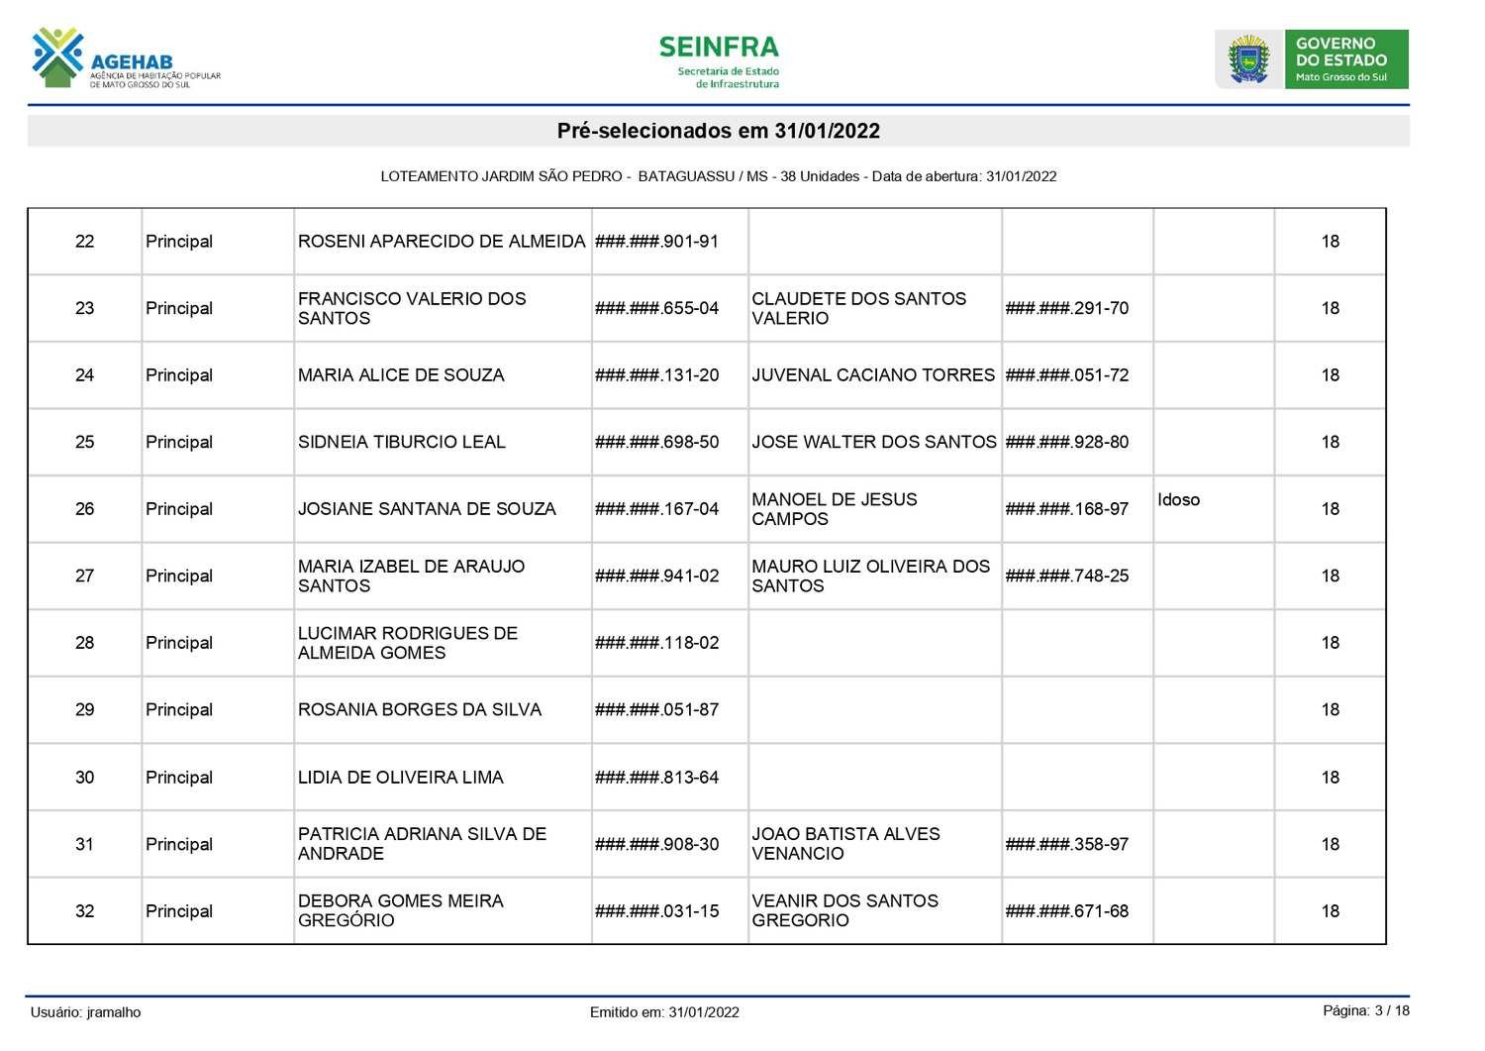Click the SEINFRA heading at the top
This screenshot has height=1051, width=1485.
pyautogui.click(x=719, y=48)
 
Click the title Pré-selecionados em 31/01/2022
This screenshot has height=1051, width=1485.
pyautogui.click(x=718, y=131)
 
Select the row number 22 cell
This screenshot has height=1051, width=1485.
pyautogui.click(x=85, y=242)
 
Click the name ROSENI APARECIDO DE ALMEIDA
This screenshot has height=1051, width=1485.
pyautogui.click(x=442, y=242)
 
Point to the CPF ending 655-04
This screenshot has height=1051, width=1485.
pyautogui.click(x=656, y=308)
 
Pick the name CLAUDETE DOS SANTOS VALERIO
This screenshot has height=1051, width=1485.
pyautogui.click(x=858, y=308)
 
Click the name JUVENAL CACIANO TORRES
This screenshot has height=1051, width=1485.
pyautogui.click(x=872, y=375)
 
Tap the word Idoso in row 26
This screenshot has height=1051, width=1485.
pyautogui.click(x=1178, y=500)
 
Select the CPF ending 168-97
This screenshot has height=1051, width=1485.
pyautogui.click(x=1066, y=509)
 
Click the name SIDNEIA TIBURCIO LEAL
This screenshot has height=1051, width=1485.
pyautogui.click(x=401, y=442)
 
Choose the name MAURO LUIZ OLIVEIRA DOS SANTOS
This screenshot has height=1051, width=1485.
pyautogui.click(x=870, y=576)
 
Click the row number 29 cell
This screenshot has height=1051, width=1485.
pyautogui.click(x=85, y=710)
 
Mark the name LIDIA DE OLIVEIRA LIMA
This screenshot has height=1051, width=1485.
pyautogui.click(x=400, y=778)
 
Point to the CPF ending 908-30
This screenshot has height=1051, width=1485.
pyautogui.click(x=656, y=844)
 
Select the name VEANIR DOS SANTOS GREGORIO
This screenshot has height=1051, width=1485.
pyautogui.click(x=844, y=910)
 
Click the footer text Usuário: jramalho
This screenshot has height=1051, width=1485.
pyautogui.click(x=85, y=1012)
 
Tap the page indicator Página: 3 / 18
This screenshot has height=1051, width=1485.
pyautogui.click(x=1365, y=1010)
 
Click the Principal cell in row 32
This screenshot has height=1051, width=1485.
pyautogui.click(x=179, y=911)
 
